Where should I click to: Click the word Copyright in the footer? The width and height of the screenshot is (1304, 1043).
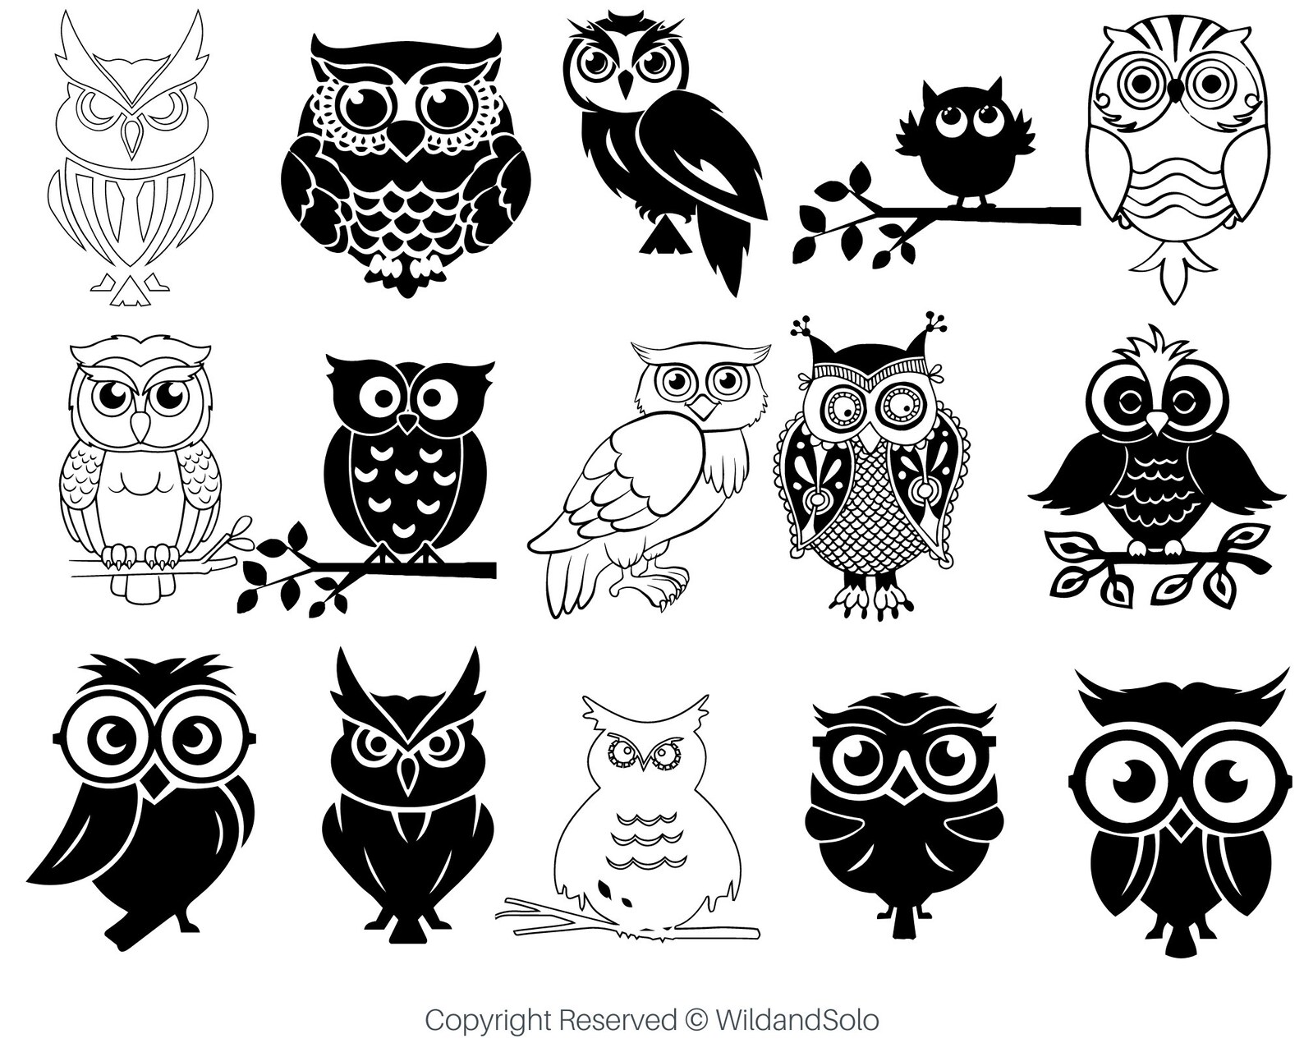(x=489, y=1021)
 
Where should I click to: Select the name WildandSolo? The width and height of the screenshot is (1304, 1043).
(x=797, y=1021)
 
